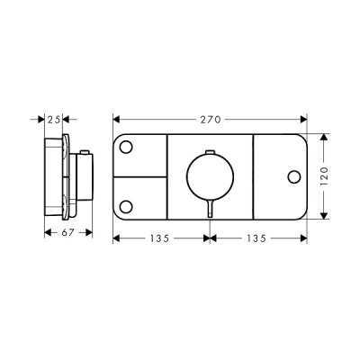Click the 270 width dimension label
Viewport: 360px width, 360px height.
point(211,120)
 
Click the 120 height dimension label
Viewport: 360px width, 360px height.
point(324,176)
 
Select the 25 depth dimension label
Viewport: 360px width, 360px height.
point(54,120)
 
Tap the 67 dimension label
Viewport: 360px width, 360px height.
point(67,232)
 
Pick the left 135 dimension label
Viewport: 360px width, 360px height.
point(160,238)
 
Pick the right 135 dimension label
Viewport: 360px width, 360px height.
point(256,238)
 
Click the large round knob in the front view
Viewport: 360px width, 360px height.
point(210,177)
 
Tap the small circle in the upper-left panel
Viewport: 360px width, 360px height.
point(126,147)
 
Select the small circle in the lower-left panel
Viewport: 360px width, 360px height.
point(126,207)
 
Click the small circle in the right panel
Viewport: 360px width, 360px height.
point(294,176)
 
